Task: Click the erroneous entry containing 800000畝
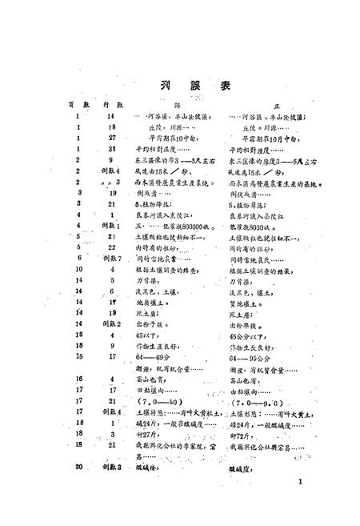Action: pos(165,226)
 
